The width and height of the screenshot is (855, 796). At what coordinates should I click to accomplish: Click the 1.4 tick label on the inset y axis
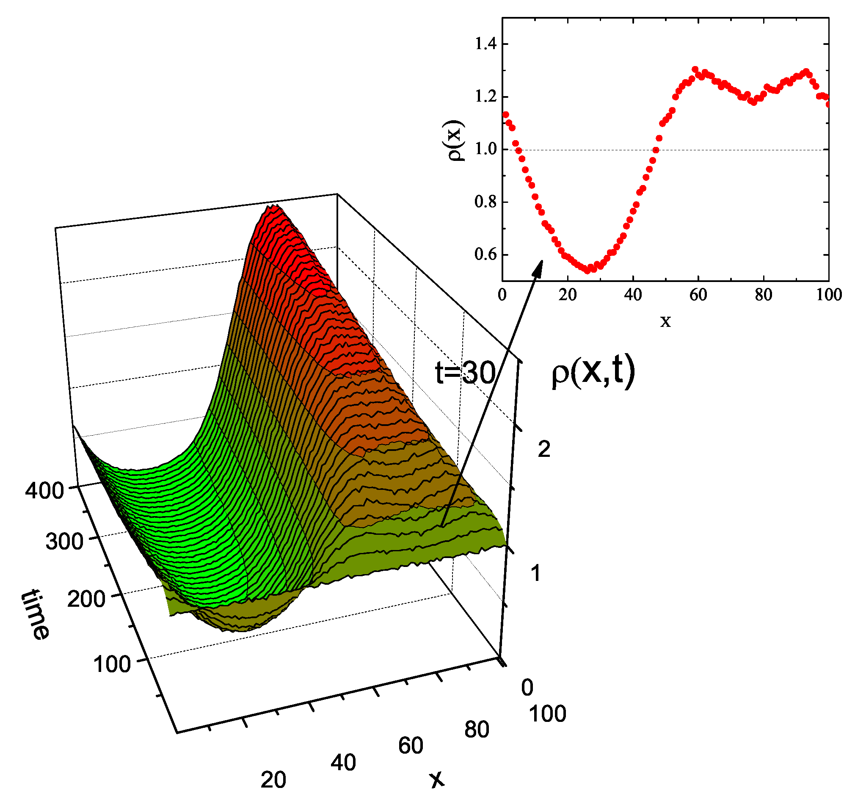485,44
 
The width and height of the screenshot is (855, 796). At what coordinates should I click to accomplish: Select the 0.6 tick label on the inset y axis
485,254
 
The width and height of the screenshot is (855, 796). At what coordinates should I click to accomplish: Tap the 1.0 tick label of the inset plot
485,149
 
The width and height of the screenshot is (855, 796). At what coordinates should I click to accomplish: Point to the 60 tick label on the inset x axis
698,295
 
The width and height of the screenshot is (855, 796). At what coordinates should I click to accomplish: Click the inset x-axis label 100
829,295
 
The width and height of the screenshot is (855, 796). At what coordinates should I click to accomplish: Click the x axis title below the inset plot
665,321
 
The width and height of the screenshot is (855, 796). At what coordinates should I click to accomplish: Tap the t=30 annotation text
465,373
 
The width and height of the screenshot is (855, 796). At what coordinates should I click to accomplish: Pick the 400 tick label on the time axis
44,490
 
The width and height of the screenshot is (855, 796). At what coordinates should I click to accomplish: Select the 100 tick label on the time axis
112,664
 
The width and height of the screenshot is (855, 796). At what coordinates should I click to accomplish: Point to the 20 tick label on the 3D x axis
273,779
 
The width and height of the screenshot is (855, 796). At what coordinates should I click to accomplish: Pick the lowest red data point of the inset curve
587,271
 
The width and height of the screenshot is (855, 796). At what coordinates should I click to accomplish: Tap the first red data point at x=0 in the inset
506,115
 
